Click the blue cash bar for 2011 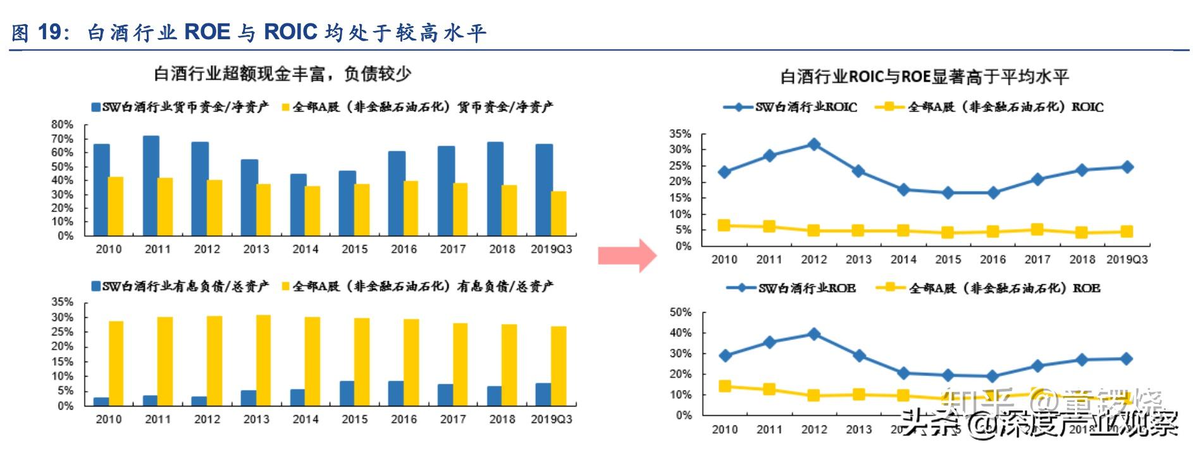151,185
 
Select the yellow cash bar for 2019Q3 559,213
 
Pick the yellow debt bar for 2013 263,360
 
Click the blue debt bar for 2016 396,393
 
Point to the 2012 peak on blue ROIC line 814,145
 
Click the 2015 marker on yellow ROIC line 948,232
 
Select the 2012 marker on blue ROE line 814,334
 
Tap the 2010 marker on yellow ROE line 725,386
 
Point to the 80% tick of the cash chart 62,125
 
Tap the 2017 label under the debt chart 453,419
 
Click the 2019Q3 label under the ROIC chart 1127,259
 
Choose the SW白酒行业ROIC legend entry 791,107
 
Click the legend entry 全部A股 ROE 990,288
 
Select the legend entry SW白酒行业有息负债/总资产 180,287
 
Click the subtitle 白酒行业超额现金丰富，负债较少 283,74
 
